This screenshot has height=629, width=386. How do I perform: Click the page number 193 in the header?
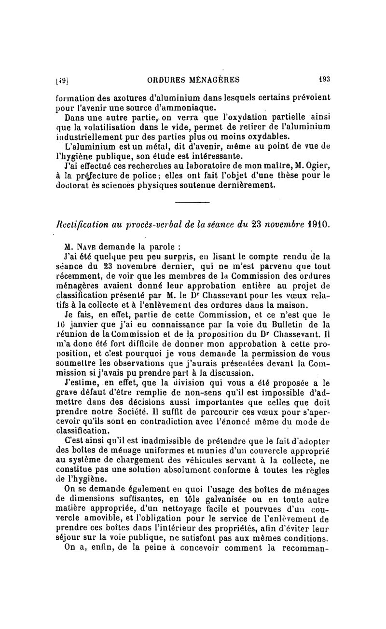click(x=324, y=80)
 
